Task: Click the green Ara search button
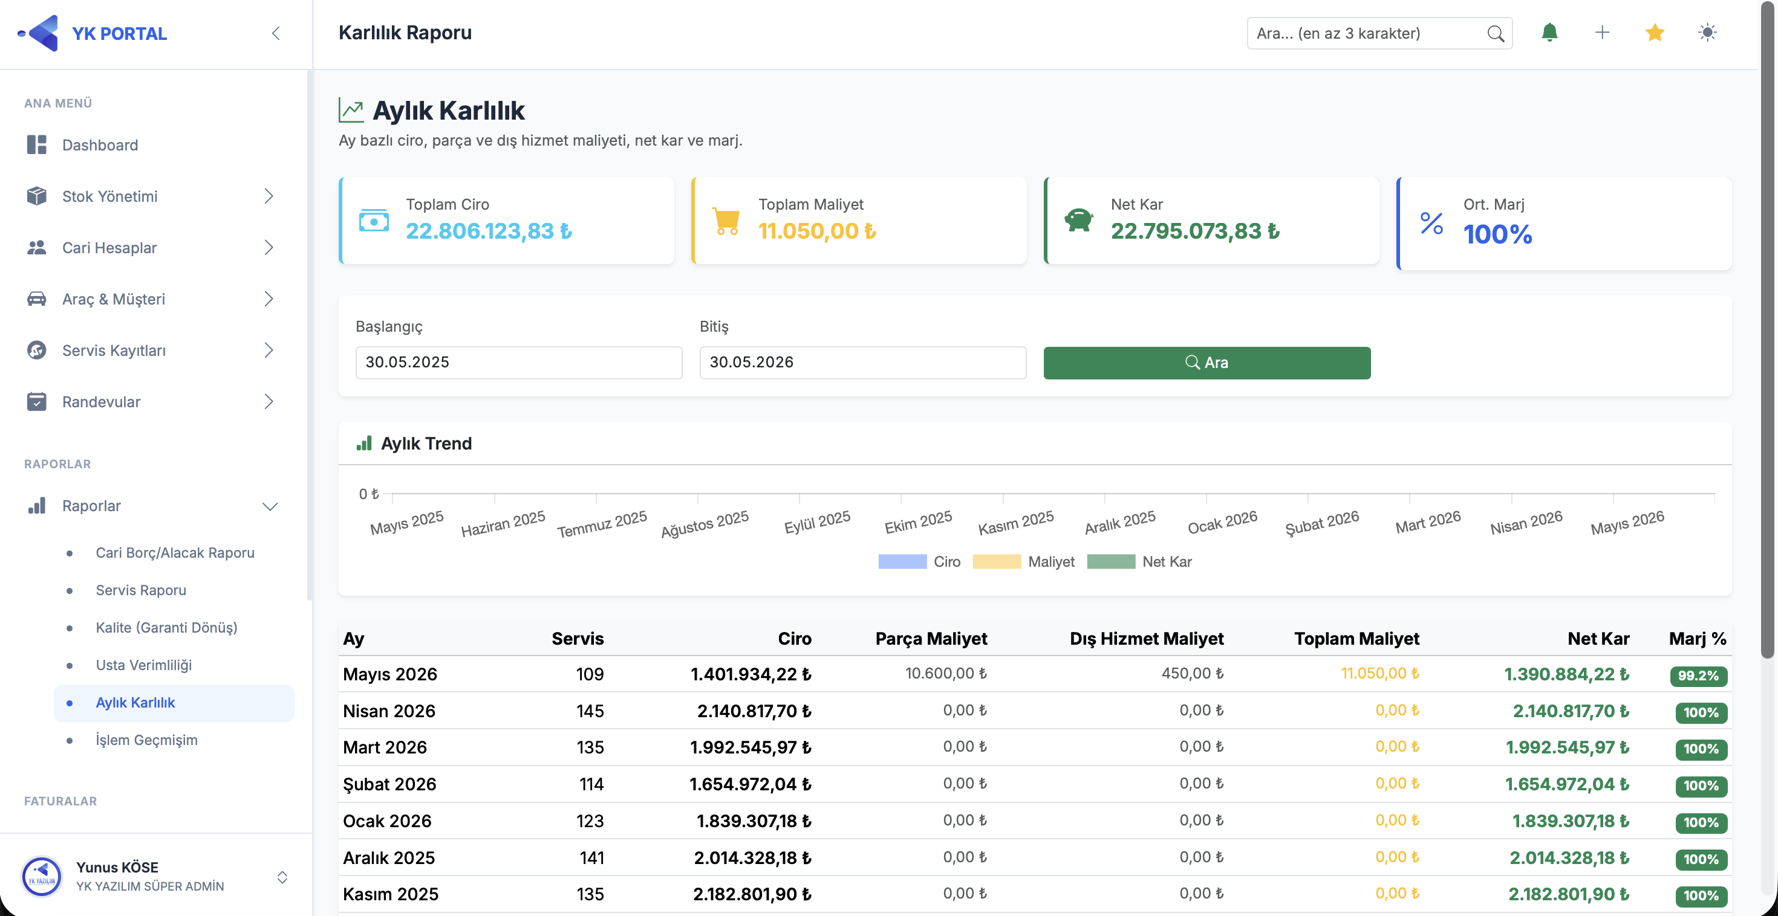(x=1206, y=362)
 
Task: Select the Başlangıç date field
(x=518, y=362)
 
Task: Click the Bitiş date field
(x=863, y=362)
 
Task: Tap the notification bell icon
(x=1549, y=33)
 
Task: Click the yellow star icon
(x=1655, y=33)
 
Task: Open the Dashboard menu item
(x=100, y=145)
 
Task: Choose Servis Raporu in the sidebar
(x=141, y=590)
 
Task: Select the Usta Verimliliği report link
(x=143, y=665)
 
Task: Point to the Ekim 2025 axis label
(x=918, y=523)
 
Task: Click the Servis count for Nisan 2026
(x=590, y=711)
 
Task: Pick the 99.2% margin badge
(x=1698, y=676)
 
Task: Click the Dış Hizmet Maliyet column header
(x=1147, y=639)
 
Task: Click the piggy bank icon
(x=1078, y=220)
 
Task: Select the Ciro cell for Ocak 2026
(x=754, y=821)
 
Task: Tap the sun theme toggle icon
(x=1707, y=33)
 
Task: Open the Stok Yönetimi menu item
(x=109, y=196)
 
